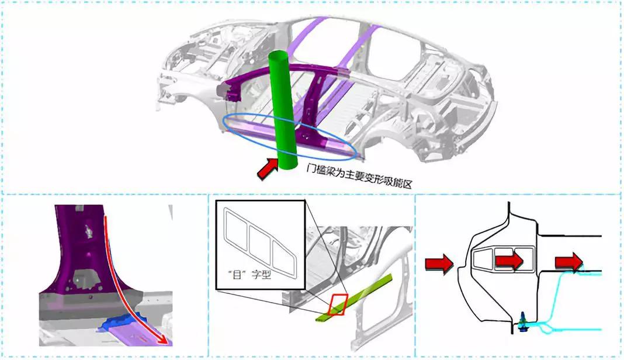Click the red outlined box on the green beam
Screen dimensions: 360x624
(338, 304)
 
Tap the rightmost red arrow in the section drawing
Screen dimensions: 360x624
(568, 262)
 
